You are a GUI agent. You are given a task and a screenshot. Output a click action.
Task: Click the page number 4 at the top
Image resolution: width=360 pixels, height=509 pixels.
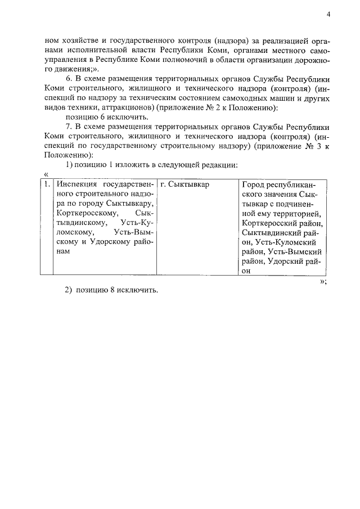[x=328, y=15]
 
